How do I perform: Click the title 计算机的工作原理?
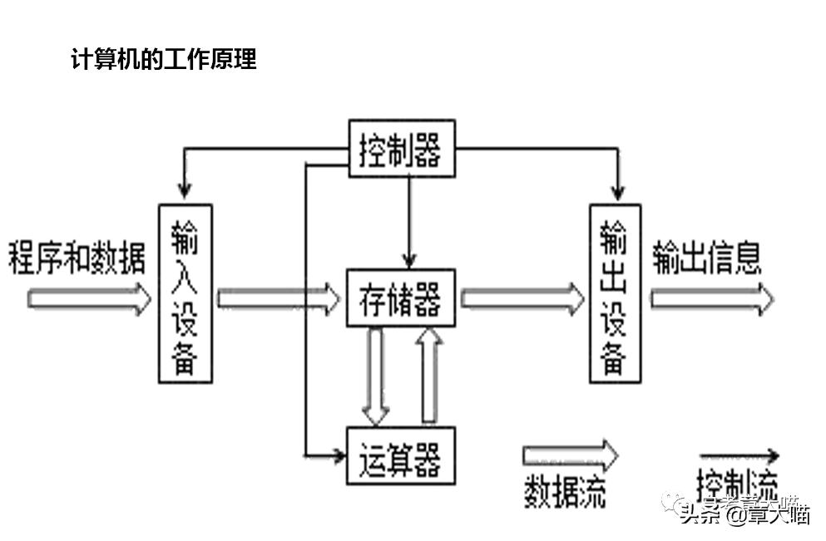point(165,60)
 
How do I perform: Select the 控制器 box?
point(402,149)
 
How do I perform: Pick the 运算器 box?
point(401,455)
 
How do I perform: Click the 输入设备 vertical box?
point(185,293)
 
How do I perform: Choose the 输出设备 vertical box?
point(615,293)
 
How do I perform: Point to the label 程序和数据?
point(77,258)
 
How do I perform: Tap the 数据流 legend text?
point(565,490)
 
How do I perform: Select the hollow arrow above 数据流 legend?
point(570,455)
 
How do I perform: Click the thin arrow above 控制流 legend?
point(739,455)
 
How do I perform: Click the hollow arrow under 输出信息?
point(711,299)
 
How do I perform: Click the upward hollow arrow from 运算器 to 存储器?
point(429,375)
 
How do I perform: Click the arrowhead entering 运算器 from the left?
point(338,455)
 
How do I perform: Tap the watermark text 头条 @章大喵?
point(744,513)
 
